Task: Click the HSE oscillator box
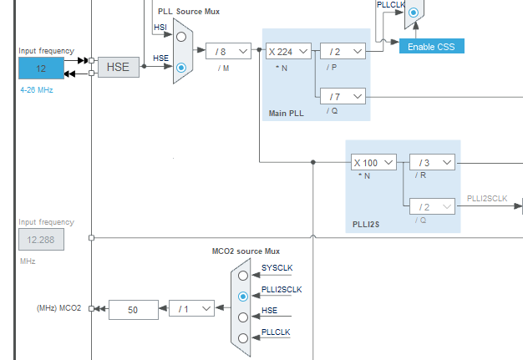[x=119, y=68]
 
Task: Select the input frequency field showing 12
[x=41, y=68]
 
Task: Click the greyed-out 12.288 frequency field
[x=41, y=240]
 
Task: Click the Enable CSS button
[x=431, y=45]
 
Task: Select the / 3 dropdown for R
[x=432, y=162]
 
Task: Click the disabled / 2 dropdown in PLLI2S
[x=432, y=205]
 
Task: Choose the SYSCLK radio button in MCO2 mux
[x=243, y=275]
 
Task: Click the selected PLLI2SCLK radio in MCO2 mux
[x=243, y=296]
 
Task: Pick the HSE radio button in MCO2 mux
[x=243, y=317]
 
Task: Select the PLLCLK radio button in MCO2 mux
[x=243, y=338]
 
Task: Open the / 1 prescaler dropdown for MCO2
[x=191, y=309]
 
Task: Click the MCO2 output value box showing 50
[x=133, y=309]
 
